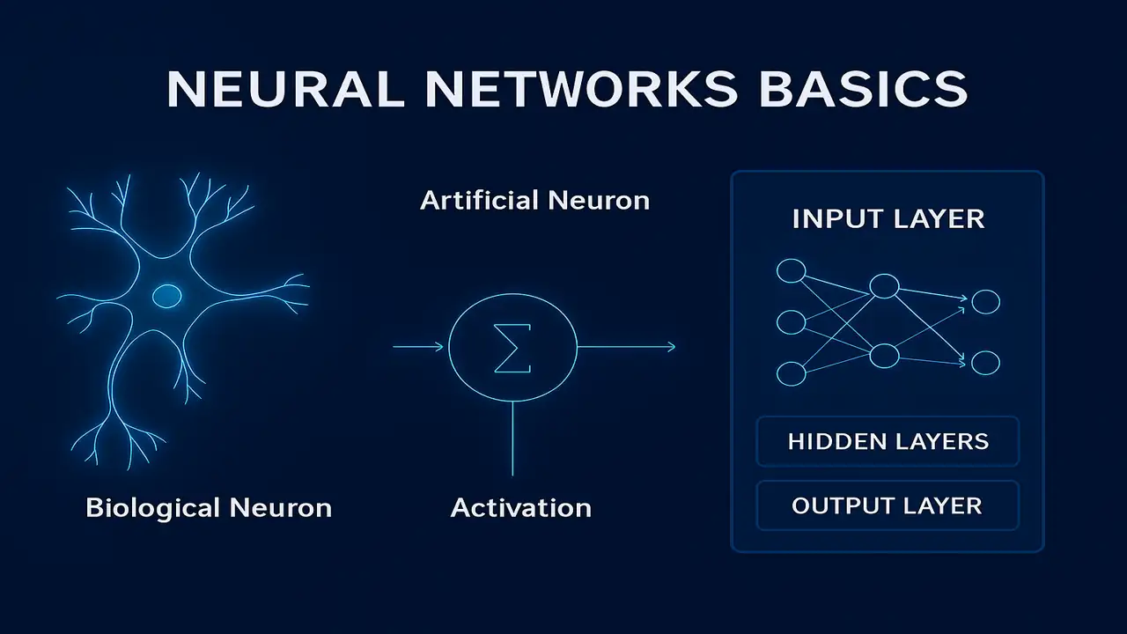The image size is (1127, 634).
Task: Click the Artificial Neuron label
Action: click(534, 201)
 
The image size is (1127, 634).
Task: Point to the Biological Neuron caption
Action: click(209, 508)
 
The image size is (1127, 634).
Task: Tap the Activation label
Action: click(520, 508)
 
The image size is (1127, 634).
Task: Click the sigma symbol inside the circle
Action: click(512, 348)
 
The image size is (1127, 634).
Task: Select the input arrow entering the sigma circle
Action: click(418, 347)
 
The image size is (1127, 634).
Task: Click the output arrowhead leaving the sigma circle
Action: click(671, 347)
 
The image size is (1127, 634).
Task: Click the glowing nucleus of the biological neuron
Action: click(166, 297)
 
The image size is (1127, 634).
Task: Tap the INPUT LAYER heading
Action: click(888, 218)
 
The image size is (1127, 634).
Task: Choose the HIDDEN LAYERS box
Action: click(888, 441)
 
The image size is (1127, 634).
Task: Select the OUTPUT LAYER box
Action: click(888, 505)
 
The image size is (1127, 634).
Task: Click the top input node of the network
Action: click(791, 271)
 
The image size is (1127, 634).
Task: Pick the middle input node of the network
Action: click(791, 322)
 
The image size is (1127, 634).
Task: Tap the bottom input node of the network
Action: click(791, 373)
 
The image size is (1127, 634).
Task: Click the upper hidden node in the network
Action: click(884, 286)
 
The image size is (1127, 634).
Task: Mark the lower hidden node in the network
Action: click(884, 356)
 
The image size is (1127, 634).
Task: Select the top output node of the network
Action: click(985, 302)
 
